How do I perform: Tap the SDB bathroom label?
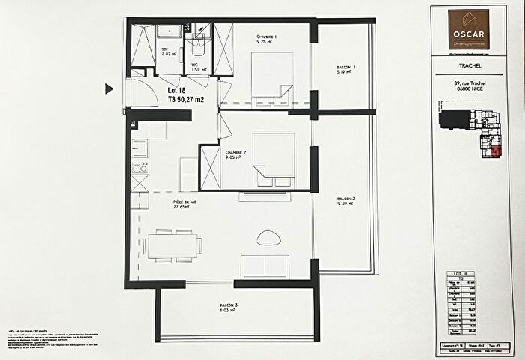click(x=166, y=52)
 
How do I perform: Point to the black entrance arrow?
click(x=109, y=89)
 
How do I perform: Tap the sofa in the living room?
click(x=265, y=265)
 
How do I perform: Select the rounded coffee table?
click(x=268, y=238)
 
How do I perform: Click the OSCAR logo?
click(x=469, y=30)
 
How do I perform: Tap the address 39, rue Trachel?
click(x=468, y=83)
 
